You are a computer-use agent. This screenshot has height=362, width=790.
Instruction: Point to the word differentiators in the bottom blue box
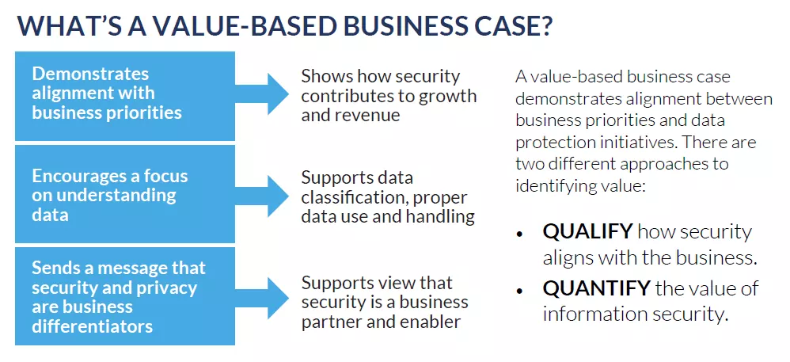pyautogui.click(x=92, y=326)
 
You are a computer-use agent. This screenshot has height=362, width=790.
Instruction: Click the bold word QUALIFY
pyautogui.click(x=587, y=232)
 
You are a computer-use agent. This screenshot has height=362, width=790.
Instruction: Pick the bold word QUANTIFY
pyautogui.click(x=596, y=289)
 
